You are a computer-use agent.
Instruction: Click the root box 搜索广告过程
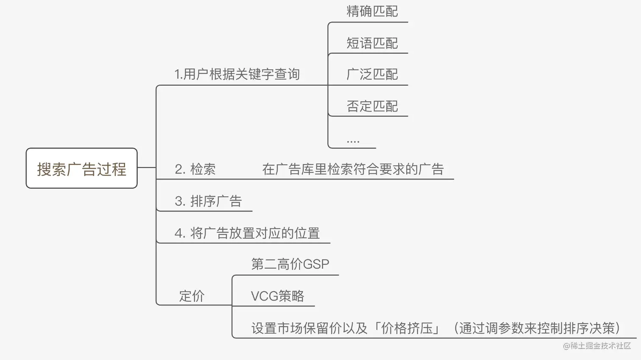click(81, 168)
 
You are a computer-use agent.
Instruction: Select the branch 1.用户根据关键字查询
click(237, 74)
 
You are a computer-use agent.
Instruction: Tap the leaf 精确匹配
click(372, 11)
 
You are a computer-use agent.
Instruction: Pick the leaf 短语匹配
click(372, 43)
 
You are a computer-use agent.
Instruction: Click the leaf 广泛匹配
click(372, 74)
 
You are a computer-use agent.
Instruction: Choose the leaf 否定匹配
click(372, 106)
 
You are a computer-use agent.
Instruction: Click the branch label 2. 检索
click(195, 169)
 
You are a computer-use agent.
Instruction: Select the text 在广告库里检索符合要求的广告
click(353, 169)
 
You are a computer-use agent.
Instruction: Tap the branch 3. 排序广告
click(208, 201)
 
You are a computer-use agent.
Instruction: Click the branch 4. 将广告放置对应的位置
click(247, 233)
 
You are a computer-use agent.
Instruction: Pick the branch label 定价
click(192, 296)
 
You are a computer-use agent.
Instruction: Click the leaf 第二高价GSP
click(290, 264)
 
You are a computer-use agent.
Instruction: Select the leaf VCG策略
click(277, 296)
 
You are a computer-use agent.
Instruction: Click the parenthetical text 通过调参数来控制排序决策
click(537, 328)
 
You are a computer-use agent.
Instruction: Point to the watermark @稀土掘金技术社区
click(597, 346)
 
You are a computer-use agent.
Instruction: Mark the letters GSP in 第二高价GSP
click(316, 264)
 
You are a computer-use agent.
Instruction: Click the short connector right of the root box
click(147, 167)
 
